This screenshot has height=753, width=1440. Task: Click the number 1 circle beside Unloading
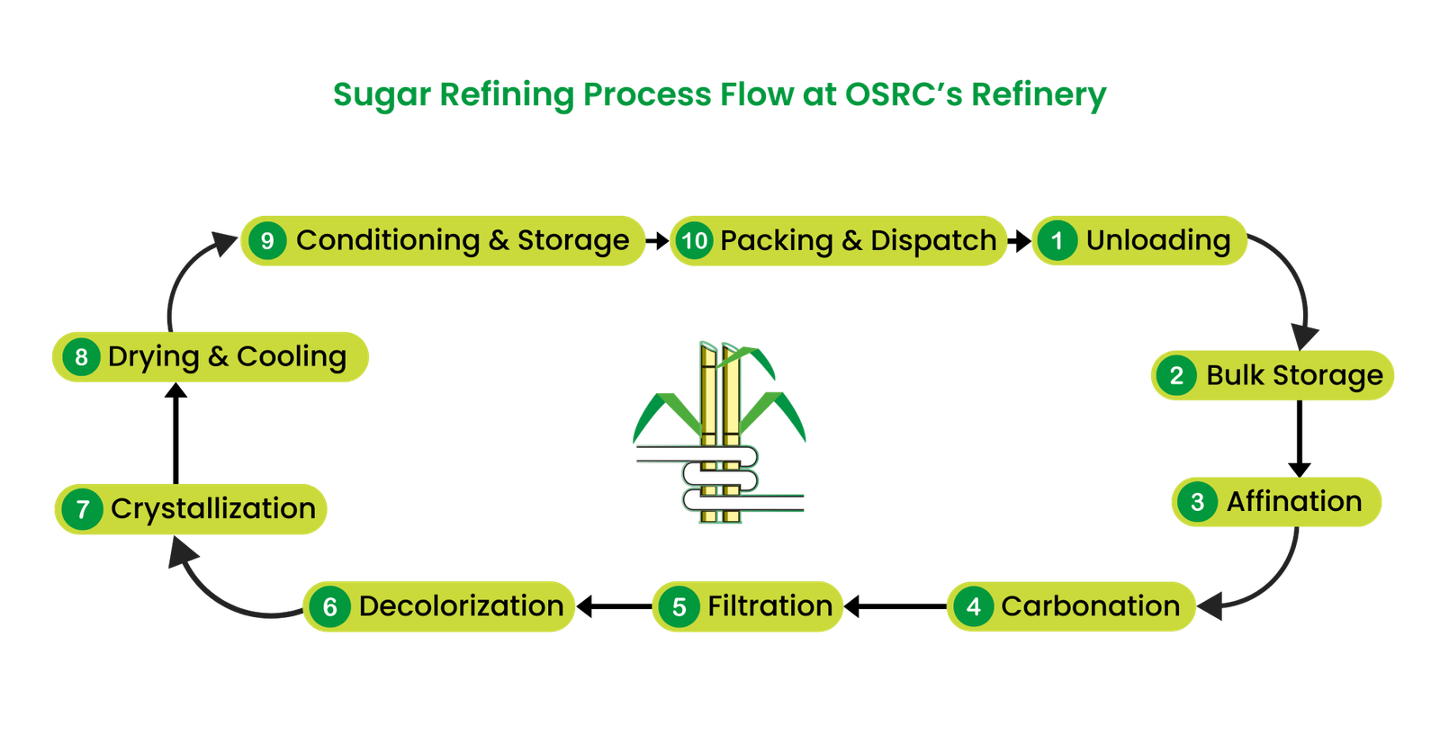click(1057, 240)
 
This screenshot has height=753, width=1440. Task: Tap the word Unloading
click(1157, 240)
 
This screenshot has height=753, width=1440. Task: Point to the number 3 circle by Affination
click(1197, 502)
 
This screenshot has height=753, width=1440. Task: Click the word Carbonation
click(1090, 606)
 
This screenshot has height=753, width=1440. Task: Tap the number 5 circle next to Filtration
click(679, 607)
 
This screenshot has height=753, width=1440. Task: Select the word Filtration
click(769, 606)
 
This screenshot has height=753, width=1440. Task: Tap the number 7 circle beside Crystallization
click(82, 510)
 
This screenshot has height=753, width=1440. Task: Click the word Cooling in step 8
click(292, 356)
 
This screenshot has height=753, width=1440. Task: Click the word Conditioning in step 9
click(388, 240)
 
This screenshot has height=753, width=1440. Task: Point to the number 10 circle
click(694, 241)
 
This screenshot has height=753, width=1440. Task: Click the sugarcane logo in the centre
click(720, 432)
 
